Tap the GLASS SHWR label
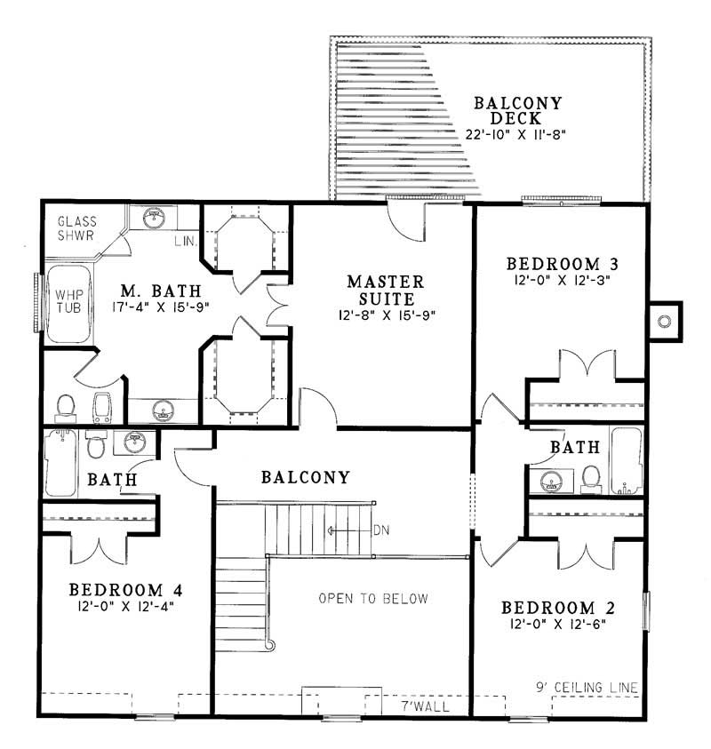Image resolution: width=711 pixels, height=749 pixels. pos(77,229)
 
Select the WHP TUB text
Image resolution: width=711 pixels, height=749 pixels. pos(68,302)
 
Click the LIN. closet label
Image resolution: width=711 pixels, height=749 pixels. pos(187,241)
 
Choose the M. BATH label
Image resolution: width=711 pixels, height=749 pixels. pos(162,291)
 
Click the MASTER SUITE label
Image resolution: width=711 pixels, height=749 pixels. pos(385,290)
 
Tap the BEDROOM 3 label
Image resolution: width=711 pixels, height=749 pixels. pos(562,264)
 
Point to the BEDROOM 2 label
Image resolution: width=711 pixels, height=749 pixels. pos(560,608)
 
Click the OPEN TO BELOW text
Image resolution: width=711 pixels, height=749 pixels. pos(373,598)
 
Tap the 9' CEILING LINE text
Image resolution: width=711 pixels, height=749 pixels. pos(587,687)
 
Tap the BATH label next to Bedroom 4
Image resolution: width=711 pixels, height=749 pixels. pos(112,481)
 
